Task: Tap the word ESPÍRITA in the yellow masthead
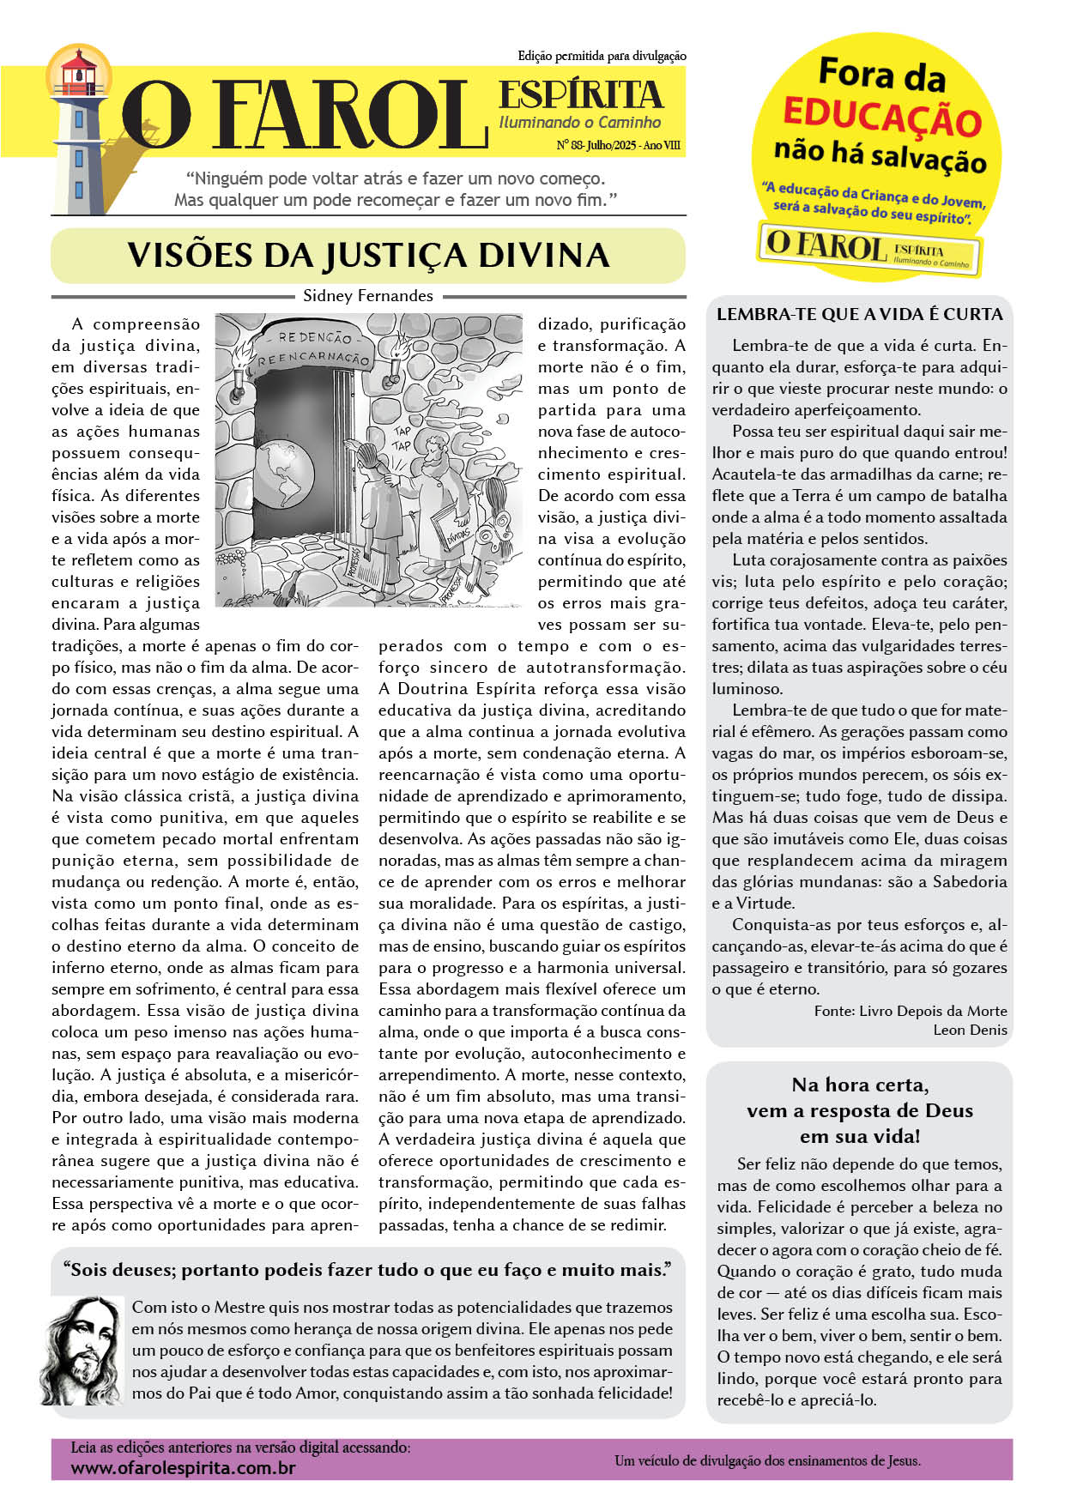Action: click(x=581, y=94)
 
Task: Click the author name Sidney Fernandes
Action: click(x=368, y=295)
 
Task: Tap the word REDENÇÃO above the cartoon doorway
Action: click(x=315, y=337)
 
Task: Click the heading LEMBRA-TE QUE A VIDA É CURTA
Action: click(x=859, y=314)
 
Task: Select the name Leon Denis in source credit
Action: click(x=970, y=1030)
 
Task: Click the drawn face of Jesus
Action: click(x=84, y=1350)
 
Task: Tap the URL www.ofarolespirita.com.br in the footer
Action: click(x=183, y=1468)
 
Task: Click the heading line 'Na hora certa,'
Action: click(x=859, y=1085)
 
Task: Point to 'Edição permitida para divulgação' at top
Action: click(x=602, y=56)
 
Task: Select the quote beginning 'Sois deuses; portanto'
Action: click(x=366, y=1270)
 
